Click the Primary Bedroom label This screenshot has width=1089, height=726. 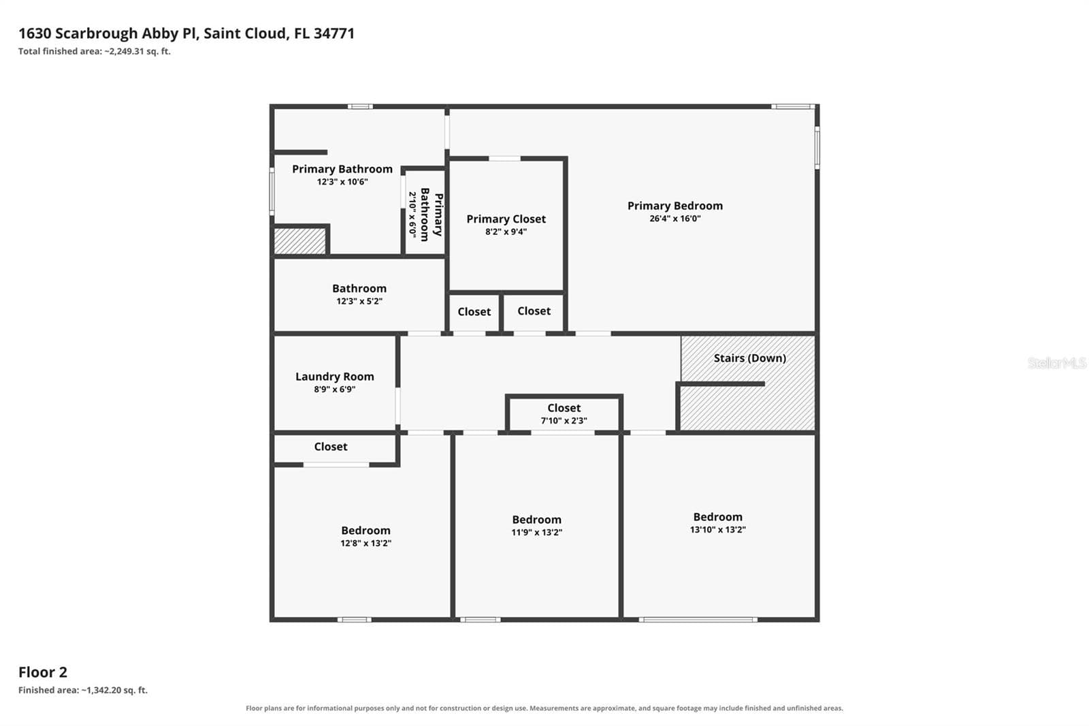[674, 206]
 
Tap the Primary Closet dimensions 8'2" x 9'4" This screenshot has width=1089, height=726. [506, 232]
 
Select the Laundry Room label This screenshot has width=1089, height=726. [334, 377]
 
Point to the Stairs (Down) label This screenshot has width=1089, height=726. [749, 358]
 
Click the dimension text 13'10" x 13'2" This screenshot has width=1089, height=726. [717, 529]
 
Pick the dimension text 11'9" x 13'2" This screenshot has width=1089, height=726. [537, 533]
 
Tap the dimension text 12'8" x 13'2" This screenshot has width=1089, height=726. [365, 543]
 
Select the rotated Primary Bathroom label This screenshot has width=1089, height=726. [432, 215]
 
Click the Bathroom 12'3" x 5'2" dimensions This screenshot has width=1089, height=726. [359, 301]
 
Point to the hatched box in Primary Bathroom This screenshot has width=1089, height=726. [299, 241]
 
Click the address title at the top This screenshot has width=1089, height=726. [186, 33]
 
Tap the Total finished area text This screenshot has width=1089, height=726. [95, 51]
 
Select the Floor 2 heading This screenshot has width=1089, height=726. [43, 672]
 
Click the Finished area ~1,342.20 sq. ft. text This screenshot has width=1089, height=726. [82, 690]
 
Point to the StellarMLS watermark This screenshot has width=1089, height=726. [1057, 363]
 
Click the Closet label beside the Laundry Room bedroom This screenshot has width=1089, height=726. [331, 447]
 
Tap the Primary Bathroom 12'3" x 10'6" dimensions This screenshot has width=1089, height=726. [342, 182]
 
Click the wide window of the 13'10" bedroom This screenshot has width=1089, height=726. [698, 620]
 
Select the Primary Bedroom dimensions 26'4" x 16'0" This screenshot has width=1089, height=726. [674, 219]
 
